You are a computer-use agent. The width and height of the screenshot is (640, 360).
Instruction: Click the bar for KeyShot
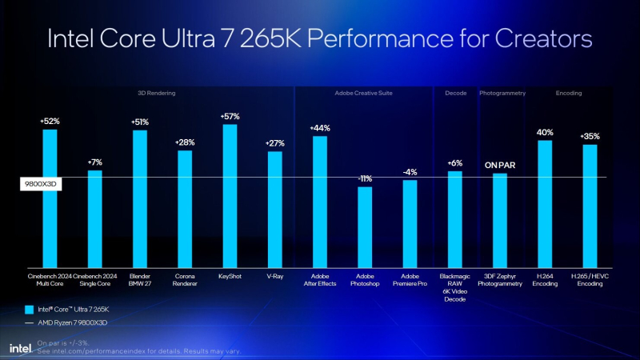230,195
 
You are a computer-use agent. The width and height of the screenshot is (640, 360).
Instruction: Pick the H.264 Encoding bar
545,203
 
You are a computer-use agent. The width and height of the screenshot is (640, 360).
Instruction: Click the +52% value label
50,121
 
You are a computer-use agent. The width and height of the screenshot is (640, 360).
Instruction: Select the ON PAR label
499,165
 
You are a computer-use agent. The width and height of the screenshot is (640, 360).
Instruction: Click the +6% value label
454,162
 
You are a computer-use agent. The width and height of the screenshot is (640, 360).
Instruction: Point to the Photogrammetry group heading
502,94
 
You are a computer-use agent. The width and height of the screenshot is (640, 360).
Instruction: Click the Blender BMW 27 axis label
139,278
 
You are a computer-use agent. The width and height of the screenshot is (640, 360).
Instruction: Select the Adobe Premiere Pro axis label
410,278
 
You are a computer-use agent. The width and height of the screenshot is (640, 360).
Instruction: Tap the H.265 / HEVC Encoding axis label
590,278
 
